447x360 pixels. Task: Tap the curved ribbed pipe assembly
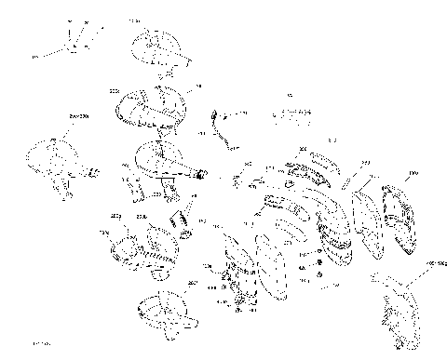coord(149,109)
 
